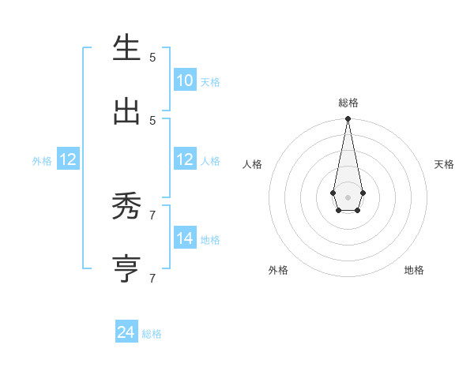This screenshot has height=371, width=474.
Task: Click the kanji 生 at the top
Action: click(127, 48)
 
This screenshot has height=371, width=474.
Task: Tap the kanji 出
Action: click(127, 111)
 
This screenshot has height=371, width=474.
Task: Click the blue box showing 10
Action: click(185, 80)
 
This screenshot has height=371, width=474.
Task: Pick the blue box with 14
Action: click(185, 238)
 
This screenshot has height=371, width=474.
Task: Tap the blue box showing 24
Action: click(126, 332)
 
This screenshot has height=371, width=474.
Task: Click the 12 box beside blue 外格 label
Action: click(67, 159)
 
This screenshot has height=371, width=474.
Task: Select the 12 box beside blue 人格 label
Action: click(185, 159)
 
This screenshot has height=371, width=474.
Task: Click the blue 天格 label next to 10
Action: click(210, 81)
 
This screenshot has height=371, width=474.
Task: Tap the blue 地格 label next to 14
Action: click(210, 239)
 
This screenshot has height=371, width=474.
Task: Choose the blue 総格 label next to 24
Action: click(152, 334)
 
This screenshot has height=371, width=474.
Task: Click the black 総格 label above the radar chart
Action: click(348, 103)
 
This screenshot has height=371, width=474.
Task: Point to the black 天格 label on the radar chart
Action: click(444, 164)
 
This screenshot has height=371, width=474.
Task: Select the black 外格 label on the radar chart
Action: click(278, 270)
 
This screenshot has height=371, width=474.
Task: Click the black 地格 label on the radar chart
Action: click(414, 270)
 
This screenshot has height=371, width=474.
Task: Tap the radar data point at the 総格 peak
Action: click(348, 118)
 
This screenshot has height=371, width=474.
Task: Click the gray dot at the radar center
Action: click(348, 197)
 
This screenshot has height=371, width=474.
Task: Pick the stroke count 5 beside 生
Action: click(152, 57)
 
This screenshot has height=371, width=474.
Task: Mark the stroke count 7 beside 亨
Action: click(152, 278)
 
